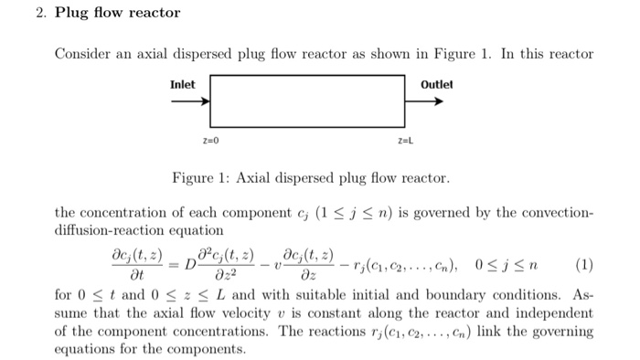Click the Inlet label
183,85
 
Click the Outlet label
437,85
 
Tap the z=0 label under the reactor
210,141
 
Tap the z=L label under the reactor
406,141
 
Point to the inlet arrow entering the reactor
190,101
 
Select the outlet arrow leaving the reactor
424,101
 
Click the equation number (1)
584,265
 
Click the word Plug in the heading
71,13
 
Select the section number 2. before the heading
41,13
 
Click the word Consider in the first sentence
82,54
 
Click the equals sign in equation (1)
174,265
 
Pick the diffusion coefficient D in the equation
190,265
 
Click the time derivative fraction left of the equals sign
137,265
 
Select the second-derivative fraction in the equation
226,265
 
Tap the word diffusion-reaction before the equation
110,231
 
